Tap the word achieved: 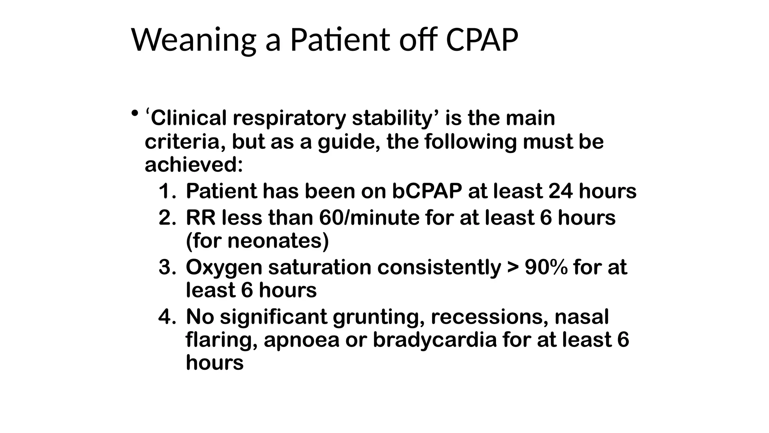click(194, 165)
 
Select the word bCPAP click(427, 191)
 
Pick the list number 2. click(167, 218)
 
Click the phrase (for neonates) click(257, 241)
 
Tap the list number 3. click(167, 268)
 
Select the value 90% click(546, 268)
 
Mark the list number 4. click(167, 317)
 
